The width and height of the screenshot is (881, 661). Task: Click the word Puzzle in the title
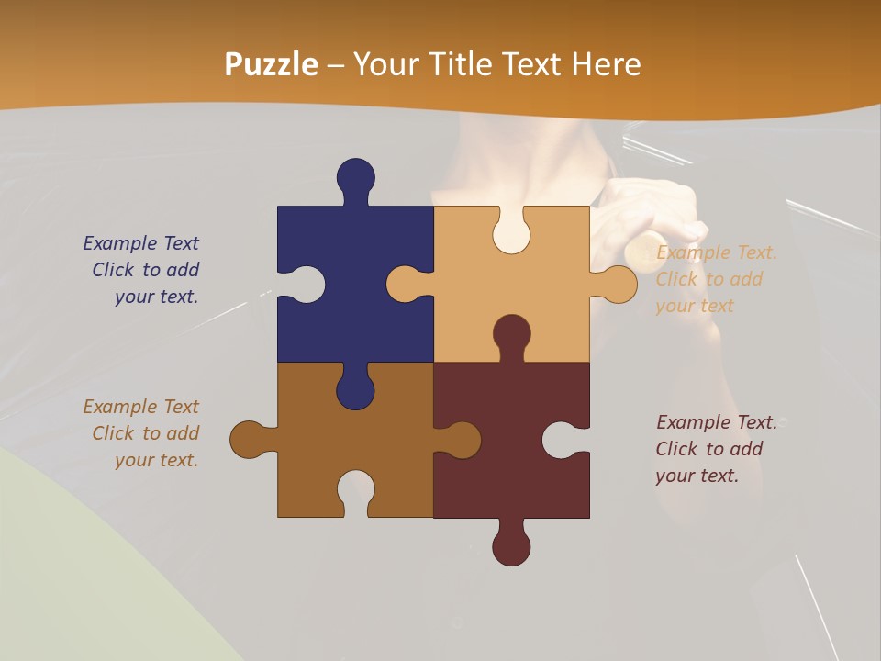[272, 64]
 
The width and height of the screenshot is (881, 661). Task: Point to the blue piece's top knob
[355, 177]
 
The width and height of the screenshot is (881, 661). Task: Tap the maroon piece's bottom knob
[511, 547]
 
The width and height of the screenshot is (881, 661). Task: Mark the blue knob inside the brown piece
[355, 391]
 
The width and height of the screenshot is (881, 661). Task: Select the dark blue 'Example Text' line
[140, 243]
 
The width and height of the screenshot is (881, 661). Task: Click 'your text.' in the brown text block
[156, 460]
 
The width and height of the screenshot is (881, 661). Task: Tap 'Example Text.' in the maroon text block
[716, 422]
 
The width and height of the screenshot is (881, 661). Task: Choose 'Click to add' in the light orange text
[708, 279]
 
